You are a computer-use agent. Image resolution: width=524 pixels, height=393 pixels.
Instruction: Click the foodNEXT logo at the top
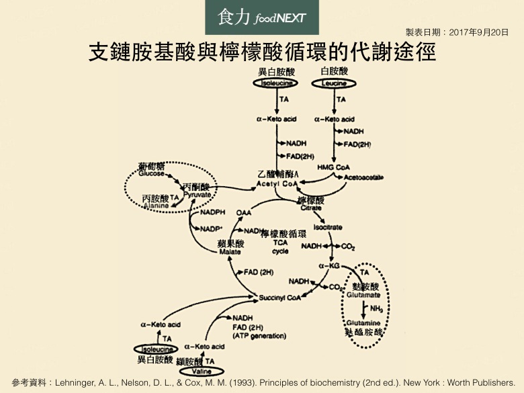point(262,17)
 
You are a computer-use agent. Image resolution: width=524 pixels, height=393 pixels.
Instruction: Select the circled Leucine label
point(334,83)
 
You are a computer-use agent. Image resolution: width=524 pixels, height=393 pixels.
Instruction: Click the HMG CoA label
point(334,167)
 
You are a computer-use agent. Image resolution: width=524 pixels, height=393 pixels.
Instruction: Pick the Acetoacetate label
point(363,177)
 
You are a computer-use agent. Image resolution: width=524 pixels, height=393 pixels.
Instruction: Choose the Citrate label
point(310,208)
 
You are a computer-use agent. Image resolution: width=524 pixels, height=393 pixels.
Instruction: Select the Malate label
point(230,252)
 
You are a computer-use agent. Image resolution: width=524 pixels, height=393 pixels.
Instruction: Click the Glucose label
point(151,173)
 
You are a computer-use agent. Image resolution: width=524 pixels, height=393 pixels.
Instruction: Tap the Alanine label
point(157,206)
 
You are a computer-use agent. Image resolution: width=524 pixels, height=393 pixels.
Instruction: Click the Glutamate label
point(364,295)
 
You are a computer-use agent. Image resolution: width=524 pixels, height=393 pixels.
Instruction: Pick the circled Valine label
point(200,372)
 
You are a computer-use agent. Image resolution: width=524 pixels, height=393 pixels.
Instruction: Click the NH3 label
point(376,309)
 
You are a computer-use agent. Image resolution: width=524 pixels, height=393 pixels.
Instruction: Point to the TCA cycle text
point(281,247)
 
